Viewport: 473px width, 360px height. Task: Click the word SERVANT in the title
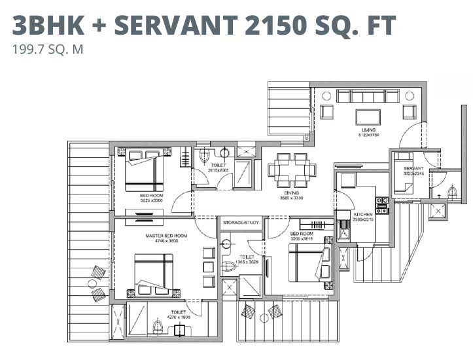[x=167, y=25]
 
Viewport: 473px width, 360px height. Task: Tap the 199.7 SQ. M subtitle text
[x=48, y=48]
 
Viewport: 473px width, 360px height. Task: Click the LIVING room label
[x=365, y=130]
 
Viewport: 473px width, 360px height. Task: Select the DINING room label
[x=292, y=194]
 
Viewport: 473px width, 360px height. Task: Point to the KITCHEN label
[x=363, y=214]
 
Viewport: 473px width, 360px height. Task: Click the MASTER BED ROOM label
[x=166, y=235]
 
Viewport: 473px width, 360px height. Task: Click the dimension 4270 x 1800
[x=179, y=317]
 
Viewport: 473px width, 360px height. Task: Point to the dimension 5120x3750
[x=368, y=135]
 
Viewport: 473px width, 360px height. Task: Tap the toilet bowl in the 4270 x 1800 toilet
[x=157, y=327]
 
